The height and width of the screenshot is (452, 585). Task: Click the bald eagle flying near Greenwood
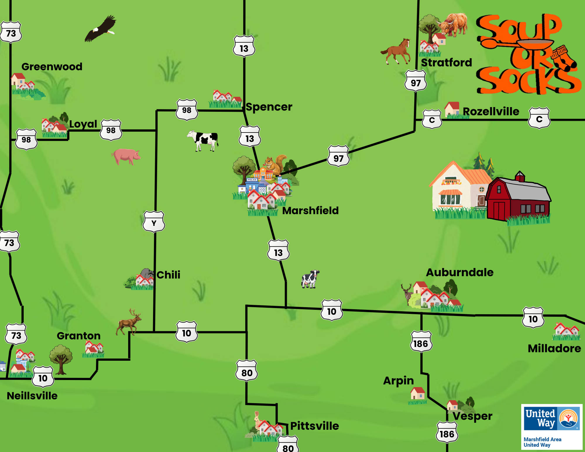tap(100, 29)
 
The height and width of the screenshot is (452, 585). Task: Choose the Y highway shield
tap(154, 222)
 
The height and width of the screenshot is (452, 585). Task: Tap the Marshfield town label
tap(310, 211)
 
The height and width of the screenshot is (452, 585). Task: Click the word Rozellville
tap(491, 111)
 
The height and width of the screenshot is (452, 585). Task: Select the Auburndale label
tap(459, 272)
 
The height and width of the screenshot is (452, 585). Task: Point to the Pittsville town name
tap(314, 426)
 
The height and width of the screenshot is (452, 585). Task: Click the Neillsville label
tap(32, 396)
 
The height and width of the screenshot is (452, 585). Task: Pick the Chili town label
tap(168, 275)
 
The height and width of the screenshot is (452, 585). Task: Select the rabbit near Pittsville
tap(257, 420)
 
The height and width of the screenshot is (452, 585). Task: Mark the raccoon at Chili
tap(147, 274)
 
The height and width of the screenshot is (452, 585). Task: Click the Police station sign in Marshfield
tap(252, 180)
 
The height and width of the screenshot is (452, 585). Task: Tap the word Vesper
tap(472, 416)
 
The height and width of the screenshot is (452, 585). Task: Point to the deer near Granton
tap(129, 322)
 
